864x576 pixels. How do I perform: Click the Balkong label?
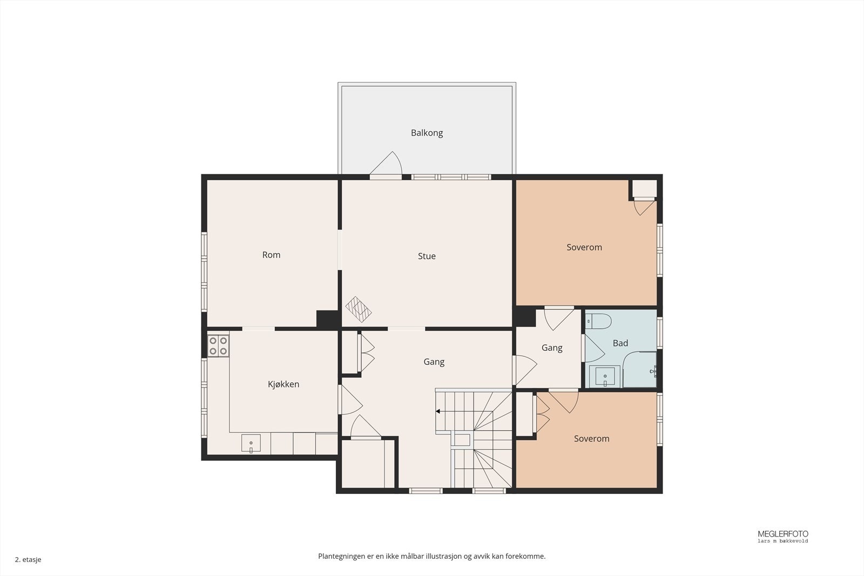(x=427, y=133)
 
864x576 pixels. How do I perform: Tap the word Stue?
(x=427, y=256)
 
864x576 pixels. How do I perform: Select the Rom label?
(x=271, y=255)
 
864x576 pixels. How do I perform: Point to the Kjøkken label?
(x=283, y=384)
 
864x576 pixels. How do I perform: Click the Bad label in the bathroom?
(x=620, y=343)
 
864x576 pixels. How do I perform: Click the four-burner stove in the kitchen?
(x=218, y=345)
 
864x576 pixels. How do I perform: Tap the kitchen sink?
(x=251, y=443)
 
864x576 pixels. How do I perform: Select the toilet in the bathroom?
(x=598, y=321)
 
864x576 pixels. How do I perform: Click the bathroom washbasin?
(x=605, y=376)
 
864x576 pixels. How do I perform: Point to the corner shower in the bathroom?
(x=639, y=369)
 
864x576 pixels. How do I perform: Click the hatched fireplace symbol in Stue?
(x=359, y=309)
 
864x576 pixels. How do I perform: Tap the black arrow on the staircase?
(x=438, y=411)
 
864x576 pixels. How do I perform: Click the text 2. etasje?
(x=28, y=559)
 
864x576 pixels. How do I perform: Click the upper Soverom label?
(x=584, y=247)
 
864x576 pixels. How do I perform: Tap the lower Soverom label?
(x=591, y=438)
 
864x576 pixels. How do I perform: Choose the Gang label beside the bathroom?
(x=551, y=348)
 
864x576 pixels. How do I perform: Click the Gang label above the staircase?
(x=434, y=362)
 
